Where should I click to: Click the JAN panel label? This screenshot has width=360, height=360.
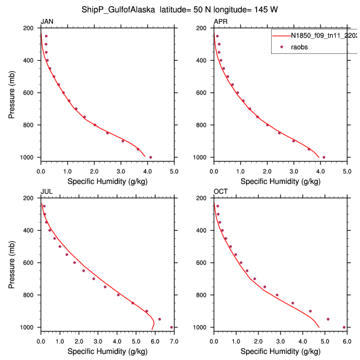click(x=47, y=22)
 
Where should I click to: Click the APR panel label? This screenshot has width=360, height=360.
click(x=220, y=22)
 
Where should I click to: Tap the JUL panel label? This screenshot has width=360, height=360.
click(x=47, y=192)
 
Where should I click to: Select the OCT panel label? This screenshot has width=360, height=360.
click(x=221, y=192)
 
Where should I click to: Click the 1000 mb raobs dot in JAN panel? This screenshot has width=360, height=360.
click(x=151, y=157)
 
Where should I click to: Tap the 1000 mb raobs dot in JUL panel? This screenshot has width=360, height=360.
click(x=172, y=327)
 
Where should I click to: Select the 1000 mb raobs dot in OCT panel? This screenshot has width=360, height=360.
click(x=344, y=327)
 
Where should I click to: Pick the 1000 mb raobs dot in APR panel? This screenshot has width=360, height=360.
click(x=324, y=157)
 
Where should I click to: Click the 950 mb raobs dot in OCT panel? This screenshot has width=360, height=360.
click(x=328, y=319)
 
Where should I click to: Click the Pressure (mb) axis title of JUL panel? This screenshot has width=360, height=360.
click(x=12, y=263)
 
